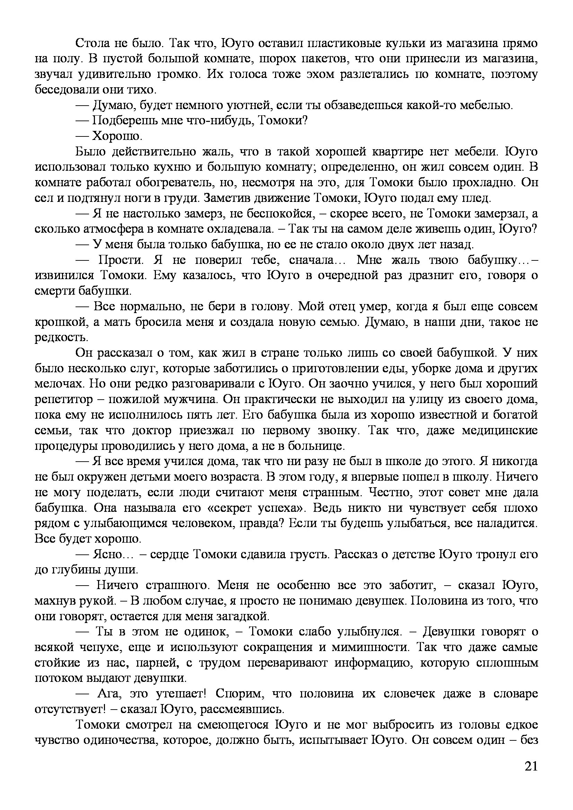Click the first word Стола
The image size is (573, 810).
coord(92,43)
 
